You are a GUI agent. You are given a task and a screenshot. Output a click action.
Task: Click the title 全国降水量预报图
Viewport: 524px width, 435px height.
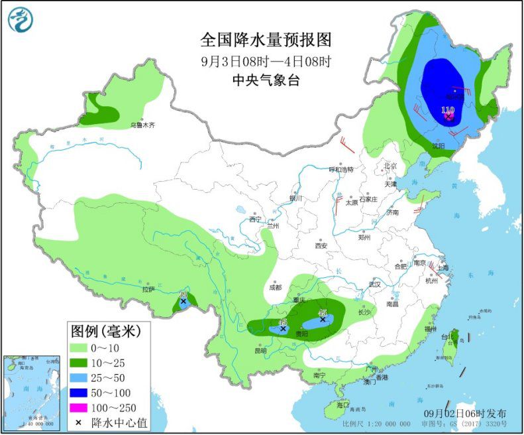[266, 40]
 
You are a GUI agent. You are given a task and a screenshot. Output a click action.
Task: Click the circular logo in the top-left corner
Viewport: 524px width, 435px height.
[21, 20]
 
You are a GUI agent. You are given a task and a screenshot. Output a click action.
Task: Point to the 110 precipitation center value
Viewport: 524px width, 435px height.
[448, 109]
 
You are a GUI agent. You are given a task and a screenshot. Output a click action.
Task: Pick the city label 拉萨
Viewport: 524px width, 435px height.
[147, 289]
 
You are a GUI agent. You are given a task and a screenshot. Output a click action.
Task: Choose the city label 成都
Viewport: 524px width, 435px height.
[276, 288]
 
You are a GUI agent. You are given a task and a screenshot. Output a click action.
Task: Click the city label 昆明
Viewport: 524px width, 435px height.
[260, 350]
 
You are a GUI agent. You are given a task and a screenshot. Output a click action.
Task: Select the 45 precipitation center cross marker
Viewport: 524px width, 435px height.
[323, 320]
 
